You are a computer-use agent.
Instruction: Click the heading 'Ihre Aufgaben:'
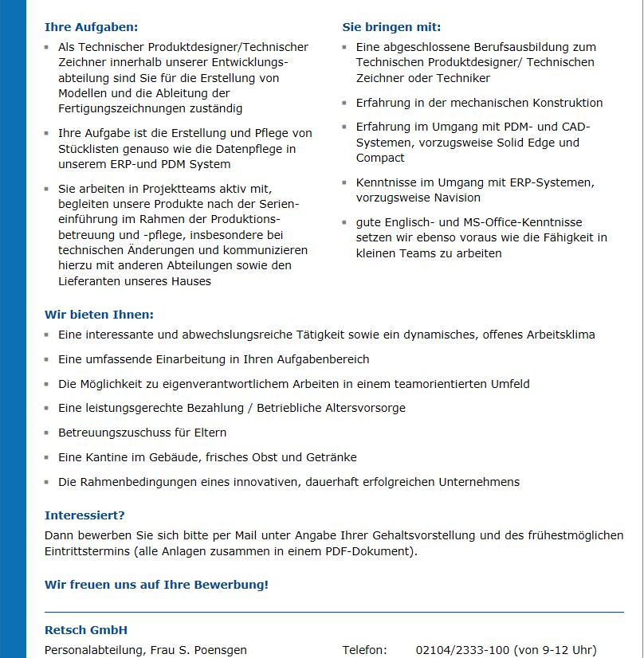coord(91,27)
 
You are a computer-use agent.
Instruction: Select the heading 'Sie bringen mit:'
coord(391,27)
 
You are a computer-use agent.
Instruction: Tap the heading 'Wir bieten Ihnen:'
coord(99,315)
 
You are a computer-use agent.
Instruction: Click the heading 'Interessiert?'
coord(84,515)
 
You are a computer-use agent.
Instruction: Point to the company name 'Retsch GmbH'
coord(86,630)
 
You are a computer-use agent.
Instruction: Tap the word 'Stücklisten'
coord(90,148)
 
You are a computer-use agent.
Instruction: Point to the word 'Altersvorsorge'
coord(366,408)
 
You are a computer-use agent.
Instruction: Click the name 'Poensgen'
coord(219,650)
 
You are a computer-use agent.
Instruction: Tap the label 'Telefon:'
coord(365,650)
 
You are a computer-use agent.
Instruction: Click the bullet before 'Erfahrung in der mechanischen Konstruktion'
coord(345,104)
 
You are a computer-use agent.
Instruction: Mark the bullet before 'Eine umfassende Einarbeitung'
coord(47,360)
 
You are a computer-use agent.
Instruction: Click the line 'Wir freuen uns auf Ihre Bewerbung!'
coord(156,585)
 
